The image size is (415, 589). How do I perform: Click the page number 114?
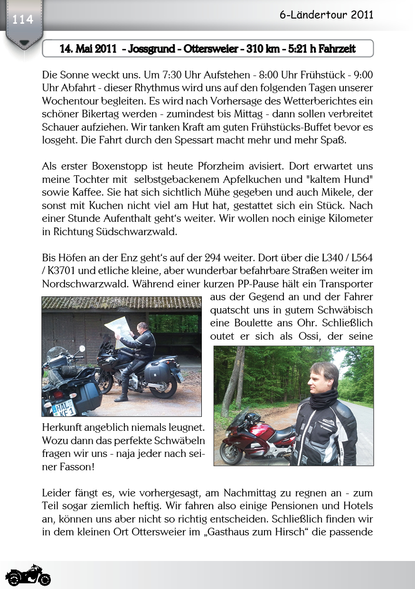click(x=23, y=19)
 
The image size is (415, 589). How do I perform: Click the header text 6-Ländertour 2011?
click(x=326, y=15)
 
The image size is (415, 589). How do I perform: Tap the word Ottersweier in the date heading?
click(x=210, y=49)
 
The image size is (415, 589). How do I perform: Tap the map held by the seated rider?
click(x=119, y=326)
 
